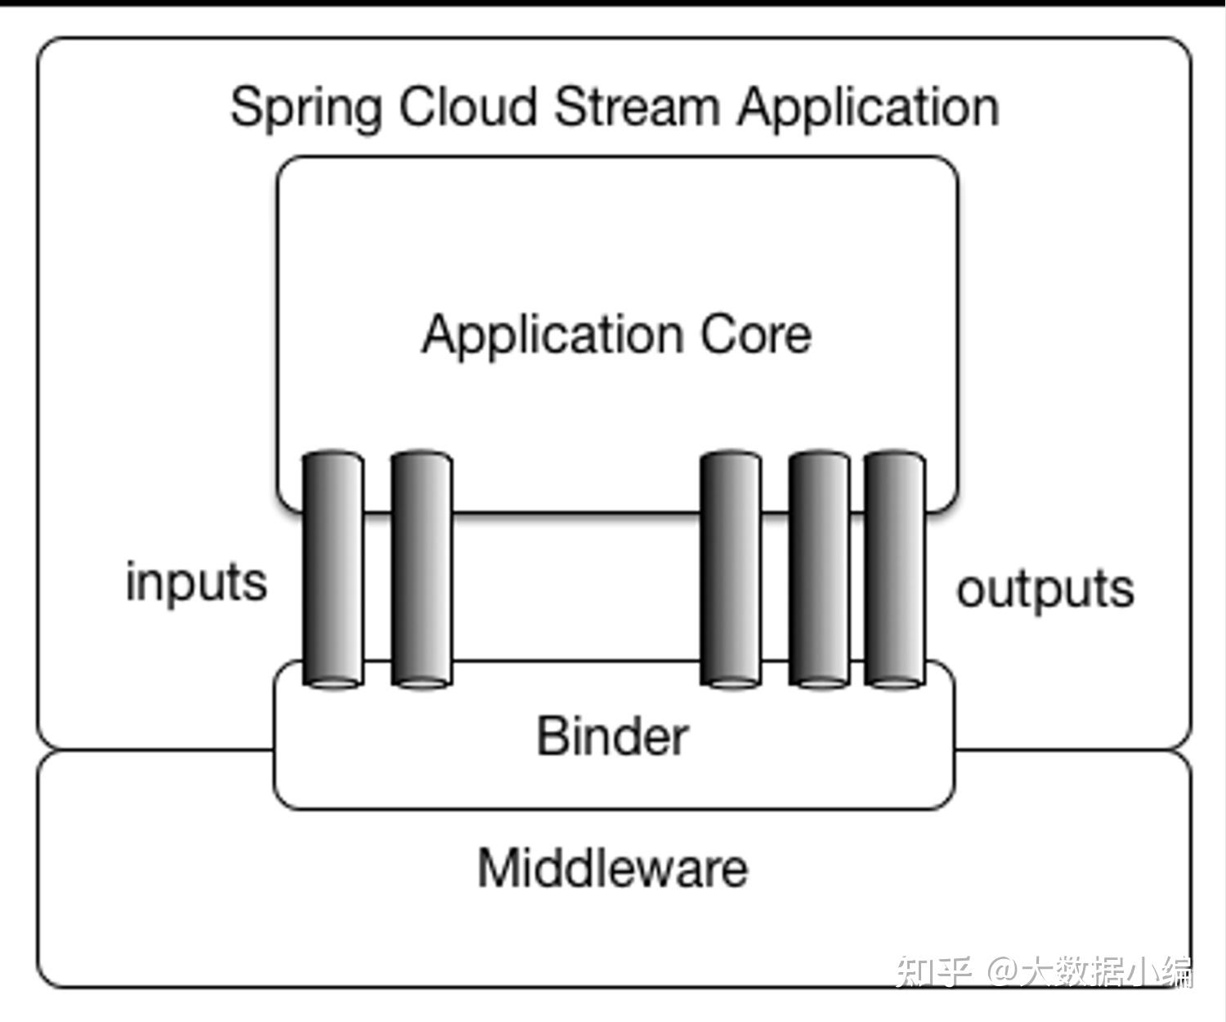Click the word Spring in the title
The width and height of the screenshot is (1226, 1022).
(306, 108)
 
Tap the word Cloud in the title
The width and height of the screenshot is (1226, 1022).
(467, 106)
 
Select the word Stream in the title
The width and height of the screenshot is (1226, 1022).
(637, 106)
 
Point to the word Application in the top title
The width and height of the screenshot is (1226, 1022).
(868, 108)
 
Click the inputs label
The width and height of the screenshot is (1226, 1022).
(196, 583)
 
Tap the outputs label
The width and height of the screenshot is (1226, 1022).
(1045, 589)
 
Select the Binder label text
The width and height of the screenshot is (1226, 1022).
(612, 736)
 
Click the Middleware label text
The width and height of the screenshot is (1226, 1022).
(612, 867)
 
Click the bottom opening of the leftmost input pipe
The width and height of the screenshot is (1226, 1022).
(333, 681)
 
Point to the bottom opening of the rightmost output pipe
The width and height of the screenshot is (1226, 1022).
(895, 681)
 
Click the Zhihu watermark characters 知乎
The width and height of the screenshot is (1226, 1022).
(933, 971)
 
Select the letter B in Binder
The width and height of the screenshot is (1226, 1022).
(552, 736)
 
